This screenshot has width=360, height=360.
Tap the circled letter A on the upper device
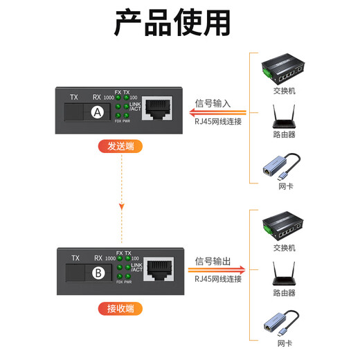tap(98, 112)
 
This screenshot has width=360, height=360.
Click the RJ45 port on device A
tap(157, 110)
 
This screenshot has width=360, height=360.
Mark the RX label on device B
tap(97, 258)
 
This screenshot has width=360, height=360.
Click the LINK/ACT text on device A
tap(135, 107)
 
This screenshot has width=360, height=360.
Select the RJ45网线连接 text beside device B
tap(218, 278)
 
